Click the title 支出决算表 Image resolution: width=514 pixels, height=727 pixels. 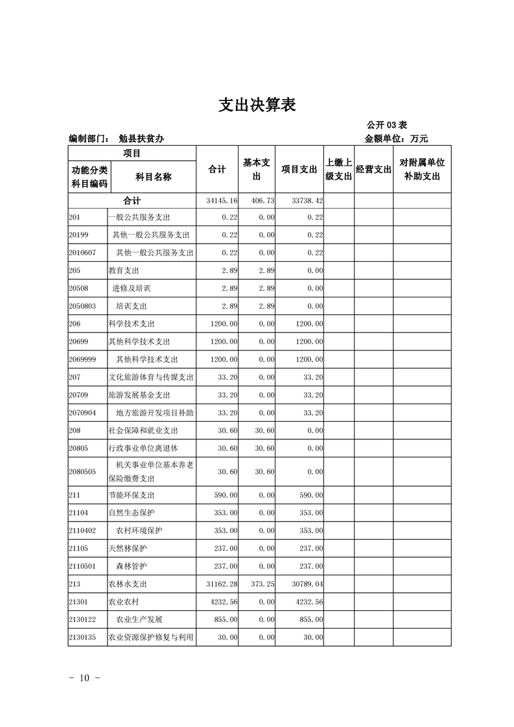click(x=257, y=105)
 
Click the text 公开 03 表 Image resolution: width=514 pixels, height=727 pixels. click(x=386, y=125)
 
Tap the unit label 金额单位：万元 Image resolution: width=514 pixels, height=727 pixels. click(x=396, y=139)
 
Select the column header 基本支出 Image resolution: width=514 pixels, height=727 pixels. click(x=256, y=169)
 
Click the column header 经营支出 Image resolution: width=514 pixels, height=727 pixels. click(x=373, y=170)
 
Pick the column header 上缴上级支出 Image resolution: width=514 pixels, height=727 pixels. click(x=338, y=169)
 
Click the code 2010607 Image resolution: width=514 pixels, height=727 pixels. click(x=82, y=252)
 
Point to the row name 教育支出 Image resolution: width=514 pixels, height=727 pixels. click(x=124, y=270)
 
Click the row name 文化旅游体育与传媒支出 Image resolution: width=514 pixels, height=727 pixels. click(x=152, y=377)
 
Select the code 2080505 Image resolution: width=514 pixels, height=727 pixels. click(x=82, y=472)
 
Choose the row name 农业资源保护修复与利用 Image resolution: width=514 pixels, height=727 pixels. click(x=152, y=638)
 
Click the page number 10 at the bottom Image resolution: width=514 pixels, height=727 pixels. click(x=84, y=678)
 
